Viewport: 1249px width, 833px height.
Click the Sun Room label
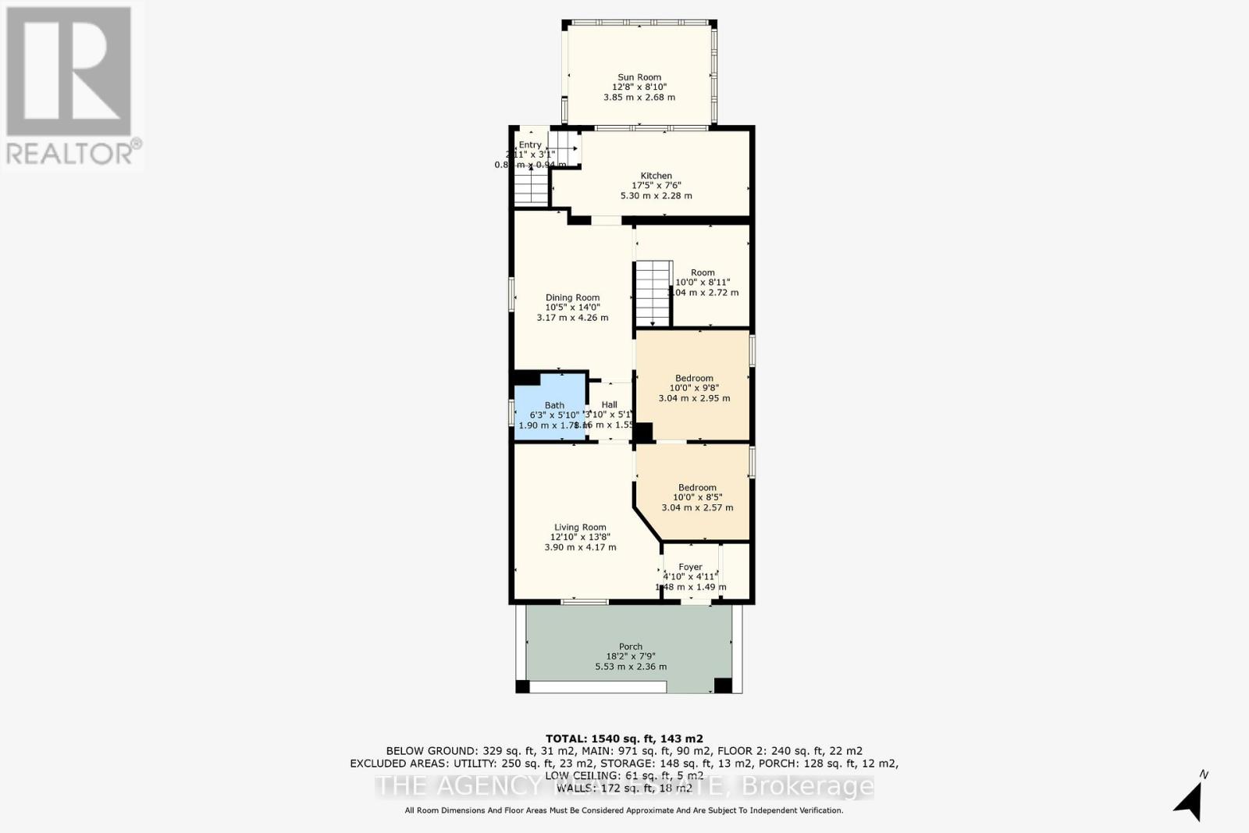[x=639, y=77]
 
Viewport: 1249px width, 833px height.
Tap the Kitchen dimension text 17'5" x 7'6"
[x=656, y=186]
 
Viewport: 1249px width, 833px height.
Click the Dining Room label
[x=572, y=297]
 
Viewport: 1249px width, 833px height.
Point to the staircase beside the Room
[x=653, y=294]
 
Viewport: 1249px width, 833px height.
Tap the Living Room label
[x=580, y=527]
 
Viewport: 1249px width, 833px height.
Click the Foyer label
[x=690, y=567]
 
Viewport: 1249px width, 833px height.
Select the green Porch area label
[x=631, y=646]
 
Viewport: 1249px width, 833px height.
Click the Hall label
[x=609, y=404]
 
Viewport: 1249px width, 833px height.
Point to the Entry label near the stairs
[x=530, y=145]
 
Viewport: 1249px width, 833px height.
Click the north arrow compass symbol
[x=1189, y=798]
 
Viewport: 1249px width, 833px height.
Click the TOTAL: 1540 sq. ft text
[x=624, y=739]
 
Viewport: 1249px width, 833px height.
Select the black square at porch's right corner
[x=723, y=685]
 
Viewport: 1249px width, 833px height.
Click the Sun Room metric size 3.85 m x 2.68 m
[x=639, y=98]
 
